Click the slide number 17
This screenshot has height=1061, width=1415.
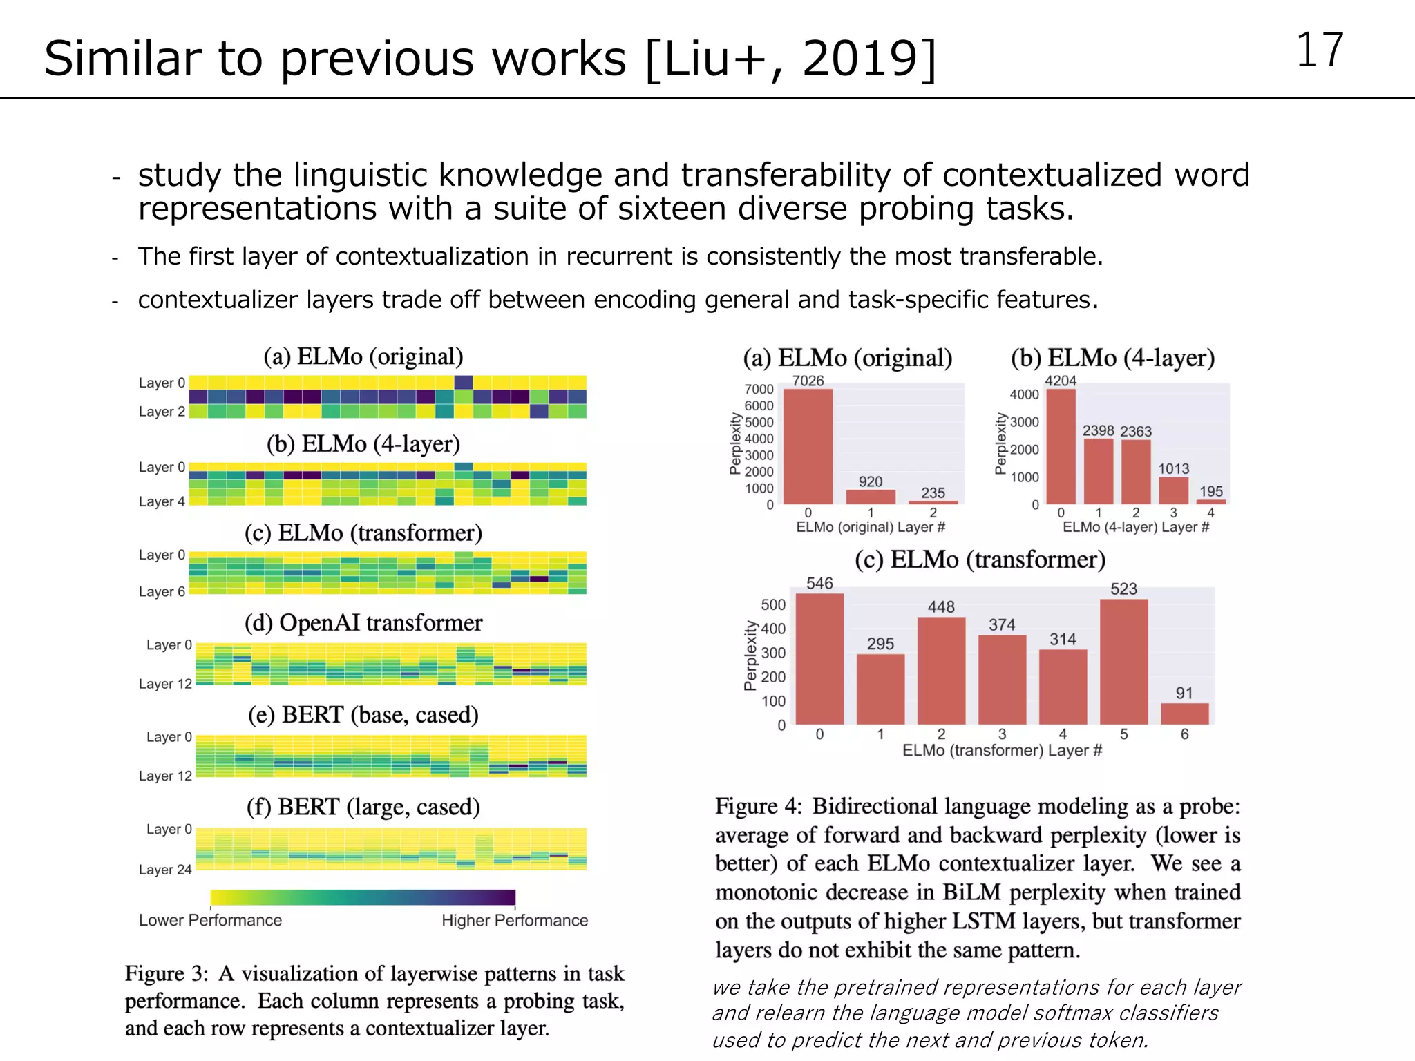(x=1319, y=50)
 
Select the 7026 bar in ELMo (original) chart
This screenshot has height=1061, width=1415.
(x=808, y=446)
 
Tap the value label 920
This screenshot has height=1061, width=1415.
(x=871, y=481)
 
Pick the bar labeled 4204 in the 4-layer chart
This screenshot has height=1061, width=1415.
(x=1061, y=446)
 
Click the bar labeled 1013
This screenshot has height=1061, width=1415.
(x=1173, y=490)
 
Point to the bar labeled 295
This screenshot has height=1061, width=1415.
(x=880, y=689)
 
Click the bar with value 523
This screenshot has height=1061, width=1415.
(x=1123, y=661)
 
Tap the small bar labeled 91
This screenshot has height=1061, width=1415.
(x=1184, y=714)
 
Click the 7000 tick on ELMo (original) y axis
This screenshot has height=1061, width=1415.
(x=759, y=390)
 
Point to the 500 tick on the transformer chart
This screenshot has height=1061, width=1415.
(x=773, y=605)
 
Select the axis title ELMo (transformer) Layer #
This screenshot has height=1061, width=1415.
(x=1002, y=751)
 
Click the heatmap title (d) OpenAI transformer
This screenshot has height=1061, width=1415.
(x=363, y=623)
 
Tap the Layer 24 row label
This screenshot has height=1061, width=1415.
(x=165, y=870)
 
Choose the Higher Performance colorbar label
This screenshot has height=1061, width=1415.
(x=515, y=921)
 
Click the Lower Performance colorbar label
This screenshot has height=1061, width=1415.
(x=210, y=921)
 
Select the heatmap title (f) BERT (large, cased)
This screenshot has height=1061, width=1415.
(x=363, y=807)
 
